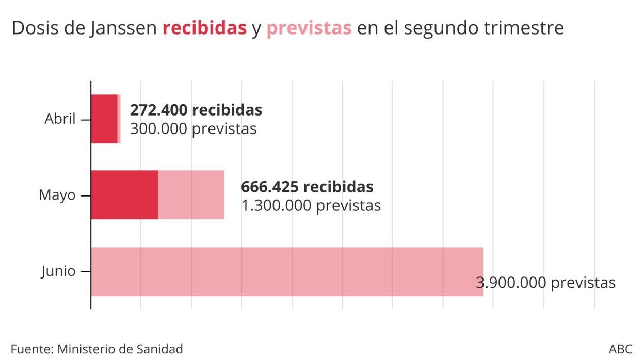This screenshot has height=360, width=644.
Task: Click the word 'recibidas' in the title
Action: click(204, 28)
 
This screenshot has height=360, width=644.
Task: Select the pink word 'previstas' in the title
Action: click(309, 28)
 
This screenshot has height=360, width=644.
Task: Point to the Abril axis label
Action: click(60, 119)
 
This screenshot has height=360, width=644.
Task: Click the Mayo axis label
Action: click(57, 195)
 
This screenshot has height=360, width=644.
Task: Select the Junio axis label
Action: click(58, 271)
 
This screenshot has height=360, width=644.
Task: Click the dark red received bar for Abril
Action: click(104, 119)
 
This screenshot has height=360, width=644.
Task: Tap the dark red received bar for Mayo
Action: click(124, 195)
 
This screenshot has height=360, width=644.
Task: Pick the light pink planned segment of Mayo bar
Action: click(191, 195)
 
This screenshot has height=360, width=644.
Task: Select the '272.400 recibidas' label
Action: click(196, 110)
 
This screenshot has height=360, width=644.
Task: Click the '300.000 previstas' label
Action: click(193, 128)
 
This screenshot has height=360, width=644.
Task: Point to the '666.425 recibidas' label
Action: click(307, 186)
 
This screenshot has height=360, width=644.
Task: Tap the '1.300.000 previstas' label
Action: click(311, 205)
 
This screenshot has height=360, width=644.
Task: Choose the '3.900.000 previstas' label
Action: click(545, 283)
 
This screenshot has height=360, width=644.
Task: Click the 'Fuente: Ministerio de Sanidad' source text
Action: click(96, 349)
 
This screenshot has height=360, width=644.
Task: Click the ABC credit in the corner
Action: click(620, 349)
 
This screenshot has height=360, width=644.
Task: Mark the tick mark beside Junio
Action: click(86, 271)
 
